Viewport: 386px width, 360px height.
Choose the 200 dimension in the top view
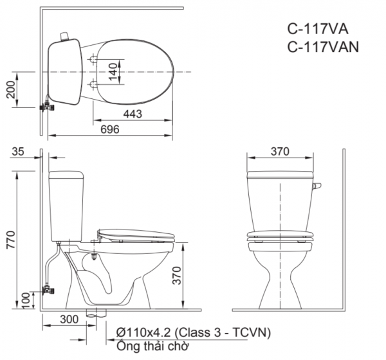tap(10, 91)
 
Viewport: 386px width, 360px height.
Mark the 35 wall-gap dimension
tap(19, 152)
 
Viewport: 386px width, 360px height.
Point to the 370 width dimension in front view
tap(279, 152)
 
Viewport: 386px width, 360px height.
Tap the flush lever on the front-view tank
tap(316, 186)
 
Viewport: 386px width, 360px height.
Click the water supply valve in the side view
tap(46, 290)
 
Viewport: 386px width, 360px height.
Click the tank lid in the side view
tap(66, 174)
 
